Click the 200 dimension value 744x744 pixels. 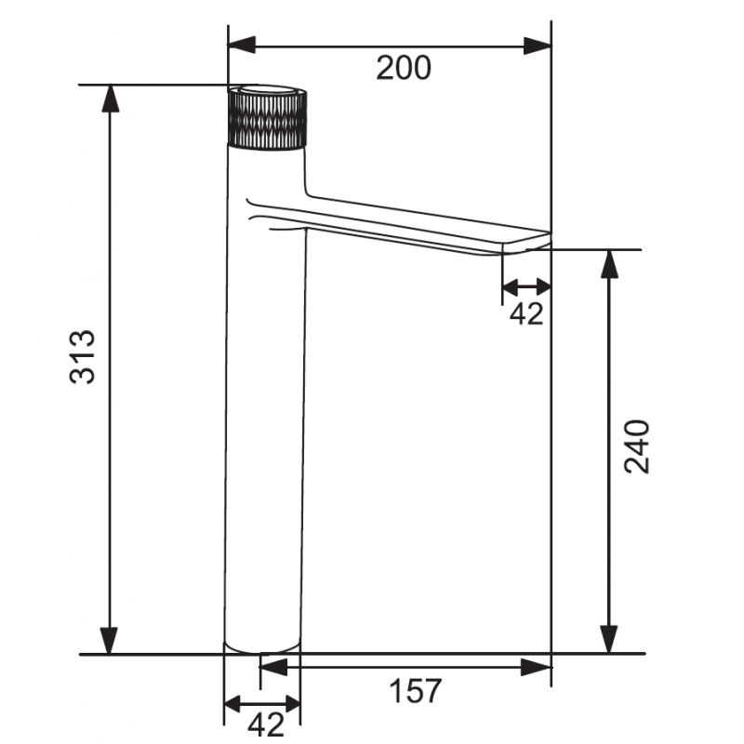(x=404, y=67)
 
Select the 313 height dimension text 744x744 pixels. (x=83, y=356)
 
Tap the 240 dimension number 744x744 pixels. (x=636, y=447)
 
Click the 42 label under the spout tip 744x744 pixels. (x=526, y=313)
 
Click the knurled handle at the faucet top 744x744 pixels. (x=267, y=118)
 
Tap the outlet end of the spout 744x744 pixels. (x=526, y=246)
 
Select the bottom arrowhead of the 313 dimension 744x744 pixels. (x=111, y=641)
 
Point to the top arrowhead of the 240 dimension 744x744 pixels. (x=609, y=263)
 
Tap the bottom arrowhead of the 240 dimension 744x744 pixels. (x=609, y=641)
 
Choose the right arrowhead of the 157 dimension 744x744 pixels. (x=538, y=666)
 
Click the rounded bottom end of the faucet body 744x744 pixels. (x=263, y=646)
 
